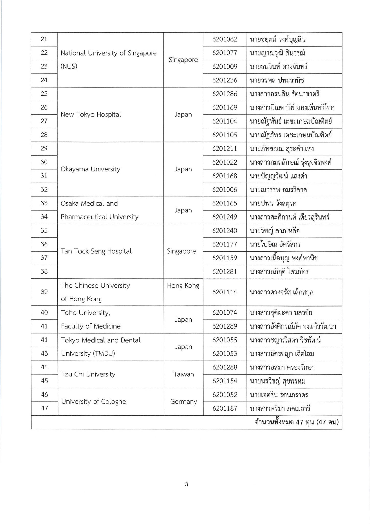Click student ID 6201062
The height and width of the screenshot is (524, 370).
coord(225,39)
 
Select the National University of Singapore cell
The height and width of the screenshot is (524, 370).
coord(109,59)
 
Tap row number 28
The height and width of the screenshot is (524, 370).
coord(44,135)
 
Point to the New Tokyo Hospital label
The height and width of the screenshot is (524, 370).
coord(91,114)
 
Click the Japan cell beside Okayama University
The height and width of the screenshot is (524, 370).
coord(183,169)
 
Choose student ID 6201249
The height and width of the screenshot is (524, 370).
coord(225,217)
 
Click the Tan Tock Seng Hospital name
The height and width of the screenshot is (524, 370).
coord(96,251)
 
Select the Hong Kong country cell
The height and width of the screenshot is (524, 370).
coord(183,286)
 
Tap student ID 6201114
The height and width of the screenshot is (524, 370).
coord(225,292)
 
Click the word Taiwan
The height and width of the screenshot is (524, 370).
coord(183,374)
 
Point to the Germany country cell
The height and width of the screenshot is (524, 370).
coord(183,402)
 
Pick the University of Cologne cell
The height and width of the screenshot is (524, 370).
coord(94,402)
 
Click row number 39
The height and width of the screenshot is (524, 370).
coord(44,292)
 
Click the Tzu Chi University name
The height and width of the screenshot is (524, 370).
coord(88,374)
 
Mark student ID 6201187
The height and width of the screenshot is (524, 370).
coord(225,409)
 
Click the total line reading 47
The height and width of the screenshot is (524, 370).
coord(296,422)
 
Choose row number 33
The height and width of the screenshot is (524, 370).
coord(44,203)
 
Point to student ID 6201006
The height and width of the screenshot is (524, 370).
coord(225,190)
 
